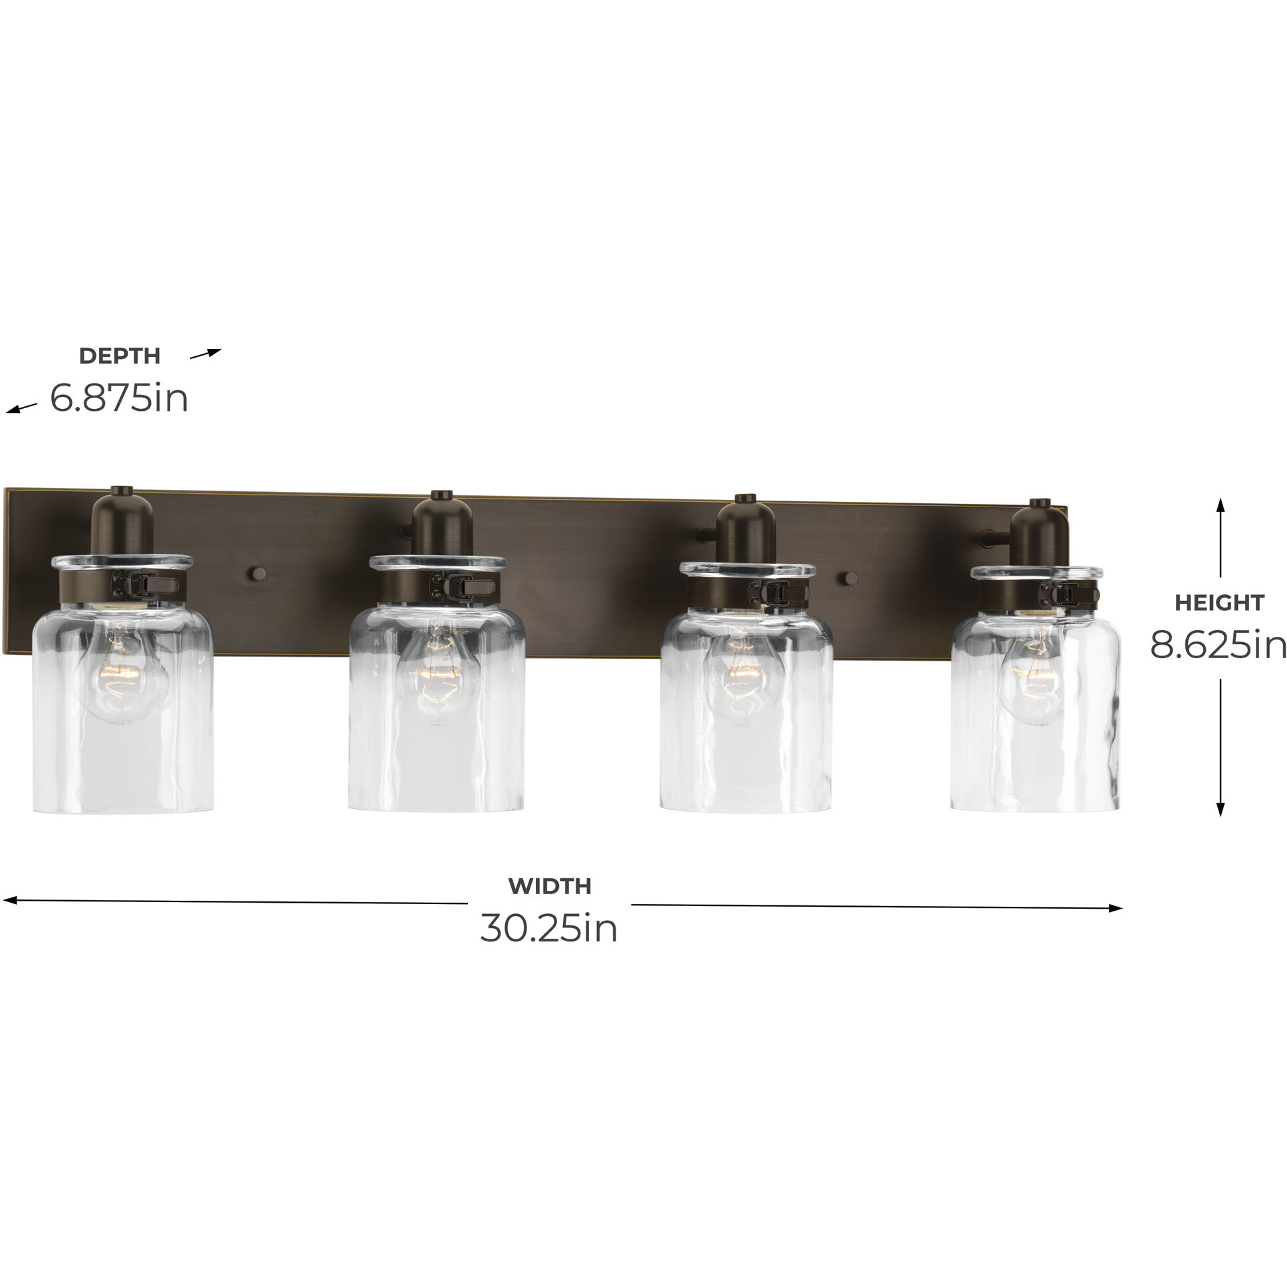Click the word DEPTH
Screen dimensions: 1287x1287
click(x=120, y=356)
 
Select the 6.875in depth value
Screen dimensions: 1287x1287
click(x=119, y=398)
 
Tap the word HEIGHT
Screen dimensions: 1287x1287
click(x=1219, y=603)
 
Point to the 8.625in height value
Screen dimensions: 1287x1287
click(x=1218, y=645)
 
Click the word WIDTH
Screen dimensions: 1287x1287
click(x=550, y=886)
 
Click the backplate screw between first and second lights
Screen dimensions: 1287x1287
click(x=256, y=574)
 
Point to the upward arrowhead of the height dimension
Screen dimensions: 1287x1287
click(x=1221, y=505)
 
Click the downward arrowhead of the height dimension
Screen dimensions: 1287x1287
click(x=1221, y=810)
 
